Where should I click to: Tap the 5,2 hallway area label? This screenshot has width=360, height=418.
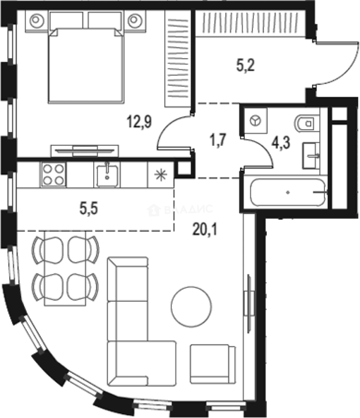pos(245,66)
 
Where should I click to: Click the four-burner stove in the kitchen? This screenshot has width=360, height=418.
pos(53,175)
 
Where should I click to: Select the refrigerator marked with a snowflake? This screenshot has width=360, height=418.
pos(158,175)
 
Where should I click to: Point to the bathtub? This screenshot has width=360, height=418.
pos(287,192)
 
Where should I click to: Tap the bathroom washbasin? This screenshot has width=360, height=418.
pos(311,156)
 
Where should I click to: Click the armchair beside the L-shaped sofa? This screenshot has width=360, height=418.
pos(213,364)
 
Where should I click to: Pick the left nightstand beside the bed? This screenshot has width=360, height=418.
pos(36,20)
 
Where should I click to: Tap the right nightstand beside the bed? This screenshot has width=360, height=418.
pos(134,20)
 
